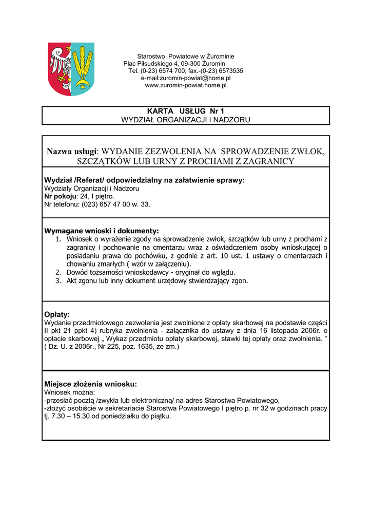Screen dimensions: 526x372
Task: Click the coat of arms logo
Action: click(x=71, y=69)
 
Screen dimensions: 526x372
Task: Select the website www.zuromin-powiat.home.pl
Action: click(x=186, y=85)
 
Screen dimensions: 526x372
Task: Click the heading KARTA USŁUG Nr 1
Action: click(x=186, y=111)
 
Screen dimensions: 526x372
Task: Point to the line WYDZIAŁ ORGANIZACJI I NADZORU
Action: click(x=186, y=120)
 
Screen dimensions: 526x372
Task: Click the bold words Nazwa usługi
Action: click(x=71, y=152)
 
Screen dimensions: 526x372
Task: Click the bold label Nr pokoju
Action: click(x=60, y=196)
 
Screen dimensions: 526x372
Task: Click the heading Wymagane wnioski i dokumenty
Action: click(x=102, y=231)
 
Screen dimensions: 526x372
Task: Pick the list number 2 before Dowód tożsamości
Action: click(x=58, y=272)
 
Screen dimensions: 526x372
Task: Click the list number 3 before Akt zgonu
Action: click(x=58, y=281)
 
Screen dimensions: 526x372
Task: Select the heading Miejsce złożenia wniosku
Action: click(x=90, y=384)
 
